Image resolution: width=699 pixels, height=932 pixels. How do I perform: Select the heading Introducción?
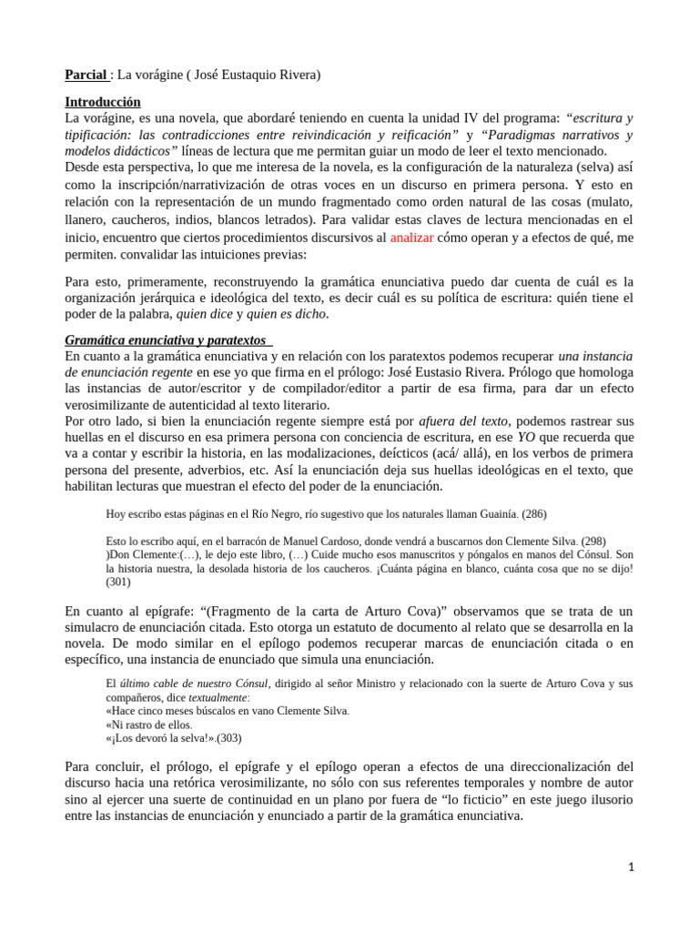(102, 102)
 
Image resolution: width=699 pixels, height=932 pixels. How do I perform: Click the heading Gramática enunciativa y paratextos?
(166, 339)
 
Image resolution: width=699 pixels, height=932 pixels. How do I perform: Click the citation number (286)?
(533, 514)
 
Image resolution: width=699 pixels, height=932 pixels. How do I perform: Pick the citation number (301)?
(120, 582)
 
